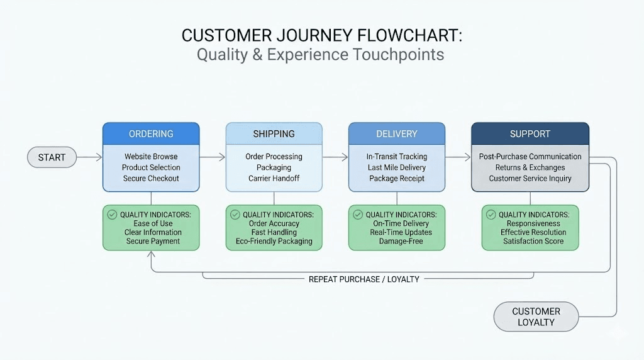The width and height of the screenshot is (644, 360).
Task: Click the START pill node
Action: (52, 157)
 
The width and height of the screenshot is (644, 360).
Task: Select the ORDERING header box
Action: (151, 134)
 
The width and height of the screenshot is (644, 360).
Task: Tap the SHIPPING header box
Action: (274, 134)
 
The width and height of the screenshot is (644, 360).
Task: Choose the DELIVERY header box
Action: (397, 134)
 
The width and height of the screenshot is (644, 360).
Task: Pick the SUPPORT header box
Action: (530, 134)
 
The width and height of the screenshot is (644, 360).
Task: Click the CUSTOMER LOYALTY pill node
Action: (536, 317)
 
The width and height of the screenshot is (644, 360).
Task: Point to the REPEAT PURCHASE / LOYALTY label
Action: (364, 279)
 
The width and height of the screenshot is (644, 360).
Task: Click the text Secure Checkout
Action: (151, 179)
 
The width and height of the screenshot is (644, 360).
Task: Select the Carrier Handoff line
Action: (274, 179)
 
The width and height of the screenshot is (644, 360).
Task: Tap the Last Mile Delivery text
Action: (397, 167)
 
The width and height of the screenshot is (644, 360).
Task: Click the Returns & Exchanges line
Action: (530, 167)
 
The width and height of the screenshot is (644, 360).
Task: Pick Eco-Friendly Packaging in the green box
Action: (274, 241)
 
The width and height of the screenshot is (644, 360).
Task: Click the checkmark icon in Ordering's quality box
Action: (113, 215)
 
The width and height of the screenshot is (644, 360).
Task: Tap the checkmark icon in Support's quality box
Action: (491, 215)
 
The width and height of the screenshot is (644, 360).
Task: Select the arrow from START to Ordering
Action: (89, 157)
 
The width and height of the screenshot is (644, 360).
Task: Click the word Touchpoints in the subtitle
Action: (398, 55)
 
